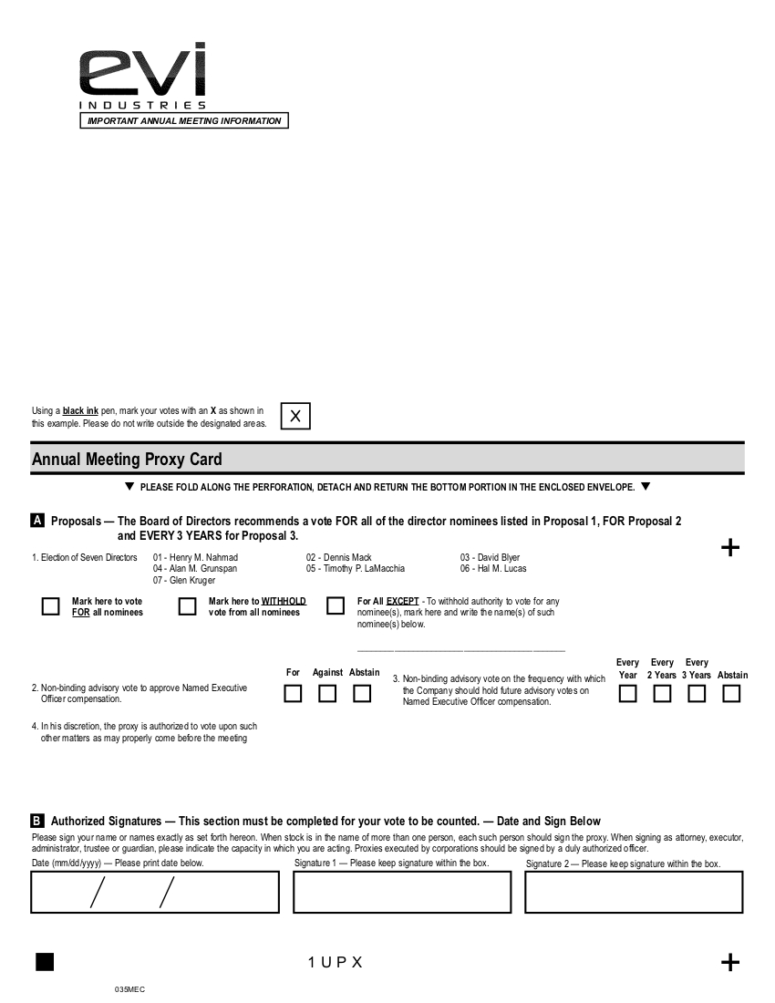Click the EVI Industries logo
(142, 78)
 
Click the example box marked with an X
(295, 416)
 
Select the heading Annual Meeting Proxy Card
(127, 460)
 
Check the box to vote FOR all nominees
(51, 606)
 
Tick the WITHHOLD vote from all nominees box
(187, 606)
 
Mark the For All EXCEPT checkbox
(336, 606)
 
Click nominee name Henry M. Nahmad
(202, 557)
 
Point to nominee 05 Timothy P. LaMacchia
(355, 568)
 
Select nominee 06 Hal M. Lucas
(492, 568)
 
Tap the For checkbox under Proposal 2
(293, 694)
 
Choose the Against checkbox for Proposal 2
(327, 694)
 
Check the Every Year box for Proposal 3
(628, 694)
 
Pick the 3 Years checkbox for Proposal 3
(697, 694)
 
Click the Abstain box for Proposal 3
(731, 694)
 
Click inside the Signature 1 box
(401, 892)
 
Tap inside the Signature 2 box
(634, 892)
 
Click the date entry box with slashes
(155, 892)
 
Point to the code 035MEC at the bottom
(129, 989)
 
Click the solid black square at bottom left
(45, 962)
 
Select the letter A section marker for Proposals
(37, 521)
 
